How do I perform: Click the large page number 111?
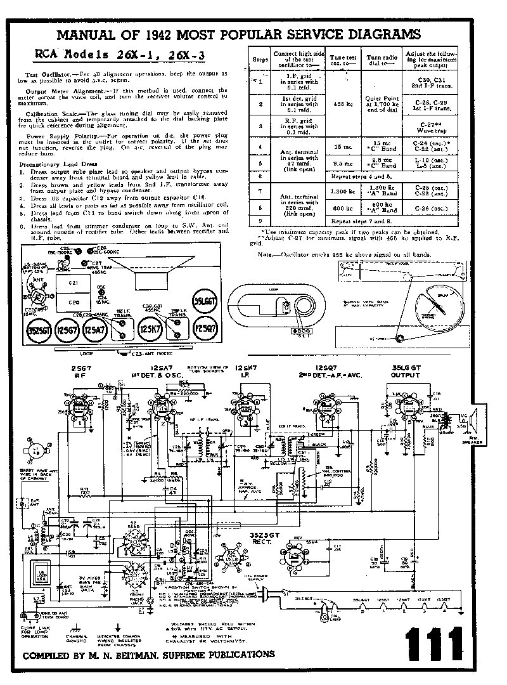(x=432, y=646)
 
